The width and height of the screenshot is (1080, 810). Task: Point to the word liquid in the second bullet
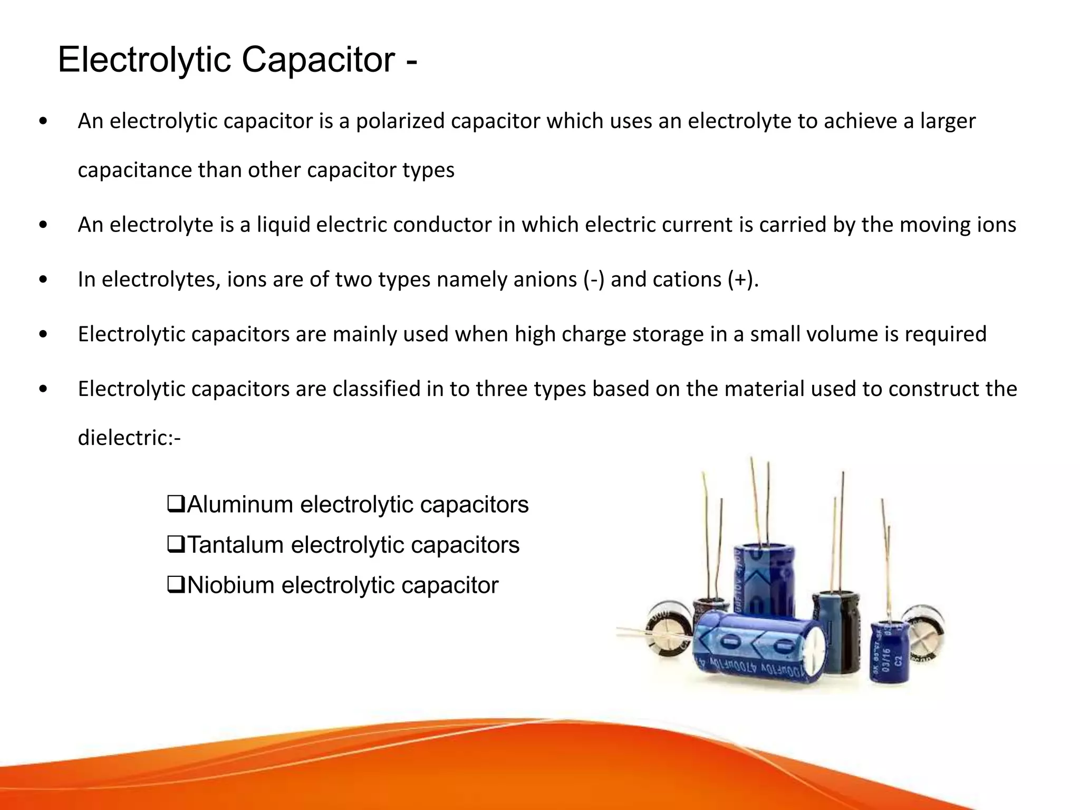(283, 225)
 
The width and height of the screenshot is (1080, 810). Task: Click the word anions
(545, 279)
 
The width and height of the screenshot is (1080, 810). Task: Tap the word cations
(687, 279)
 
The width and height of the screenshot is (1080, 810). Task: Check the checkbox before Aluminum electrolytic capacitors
(176, 504)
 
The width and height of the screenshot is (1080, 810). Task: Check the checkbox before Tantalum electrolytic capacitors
(176, 544)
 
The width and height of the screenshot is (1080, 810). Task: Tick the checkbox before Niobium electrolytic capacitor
(176, 585)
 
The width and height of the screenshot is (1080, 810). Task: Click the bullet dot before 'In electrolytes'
(43, 280)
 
